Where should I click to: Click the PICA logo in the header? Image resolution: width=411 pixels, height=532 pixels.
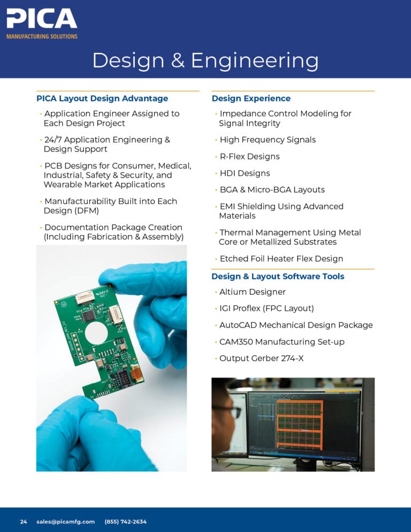pyautogui.click(x=42, y=24)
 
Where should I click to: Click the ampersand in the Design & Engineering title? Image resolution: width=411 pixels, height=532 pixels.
pyautogui.click(x=178, y=60)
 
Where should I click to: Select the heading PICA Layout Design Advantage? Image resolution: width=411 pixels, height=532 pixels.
pyautogui.click(x=102, y=98)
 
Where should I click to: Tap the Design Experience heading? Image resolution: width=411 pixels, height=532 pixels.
pyautogui.click(x=251, y=98)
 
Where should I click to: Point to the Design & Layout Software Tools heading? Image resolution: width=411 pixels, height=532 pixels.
pyautogui.click(x=278, y=276)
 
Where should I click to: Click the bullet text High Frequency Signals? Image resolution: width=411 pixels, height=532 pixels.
pyautogui.click(x=268, y=140)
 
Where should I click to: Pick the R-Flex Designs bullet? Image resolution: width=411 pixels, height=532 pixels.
pyautogui.click(x=250, y=156)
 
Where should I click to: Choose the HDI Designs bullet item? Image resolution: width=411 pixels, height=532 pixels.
pyautogui.click(x=245, y=173)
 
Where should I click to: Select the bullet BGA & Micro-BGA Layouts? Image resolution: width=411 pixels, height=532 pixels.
pyautogui.click(x=272, y=189)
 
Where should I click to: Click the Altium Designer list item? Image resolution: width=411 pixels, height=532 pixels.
pyautogui.click(x=253, y=292)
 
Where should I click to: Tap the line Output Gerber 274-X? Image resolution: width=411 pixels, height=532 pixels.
pyautogui.click(x=261, y=358)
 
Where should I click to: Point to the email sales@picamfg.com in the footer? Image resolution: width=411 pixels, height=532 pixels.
pyautogui.click(x=65, y=521)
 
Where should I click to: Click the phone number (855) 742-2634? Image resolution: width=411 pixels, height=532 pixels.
pyautogui.click(x=126, y=521)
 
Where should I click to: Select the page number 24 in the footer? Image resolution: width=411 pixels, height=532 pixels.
pyautogui.click(x=24, y=521)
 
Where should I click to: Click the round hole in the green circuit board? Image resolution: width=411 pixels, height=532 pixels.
pyautogui.click(x=96, y=332)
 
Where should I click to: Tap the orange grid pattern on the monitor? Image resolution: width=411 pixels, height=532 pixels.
pyautogui.click(x=299, y=425)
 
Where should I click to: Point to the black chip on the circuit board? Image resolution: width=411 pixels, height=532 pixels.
pyautogui.click(x=89, y=316)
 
